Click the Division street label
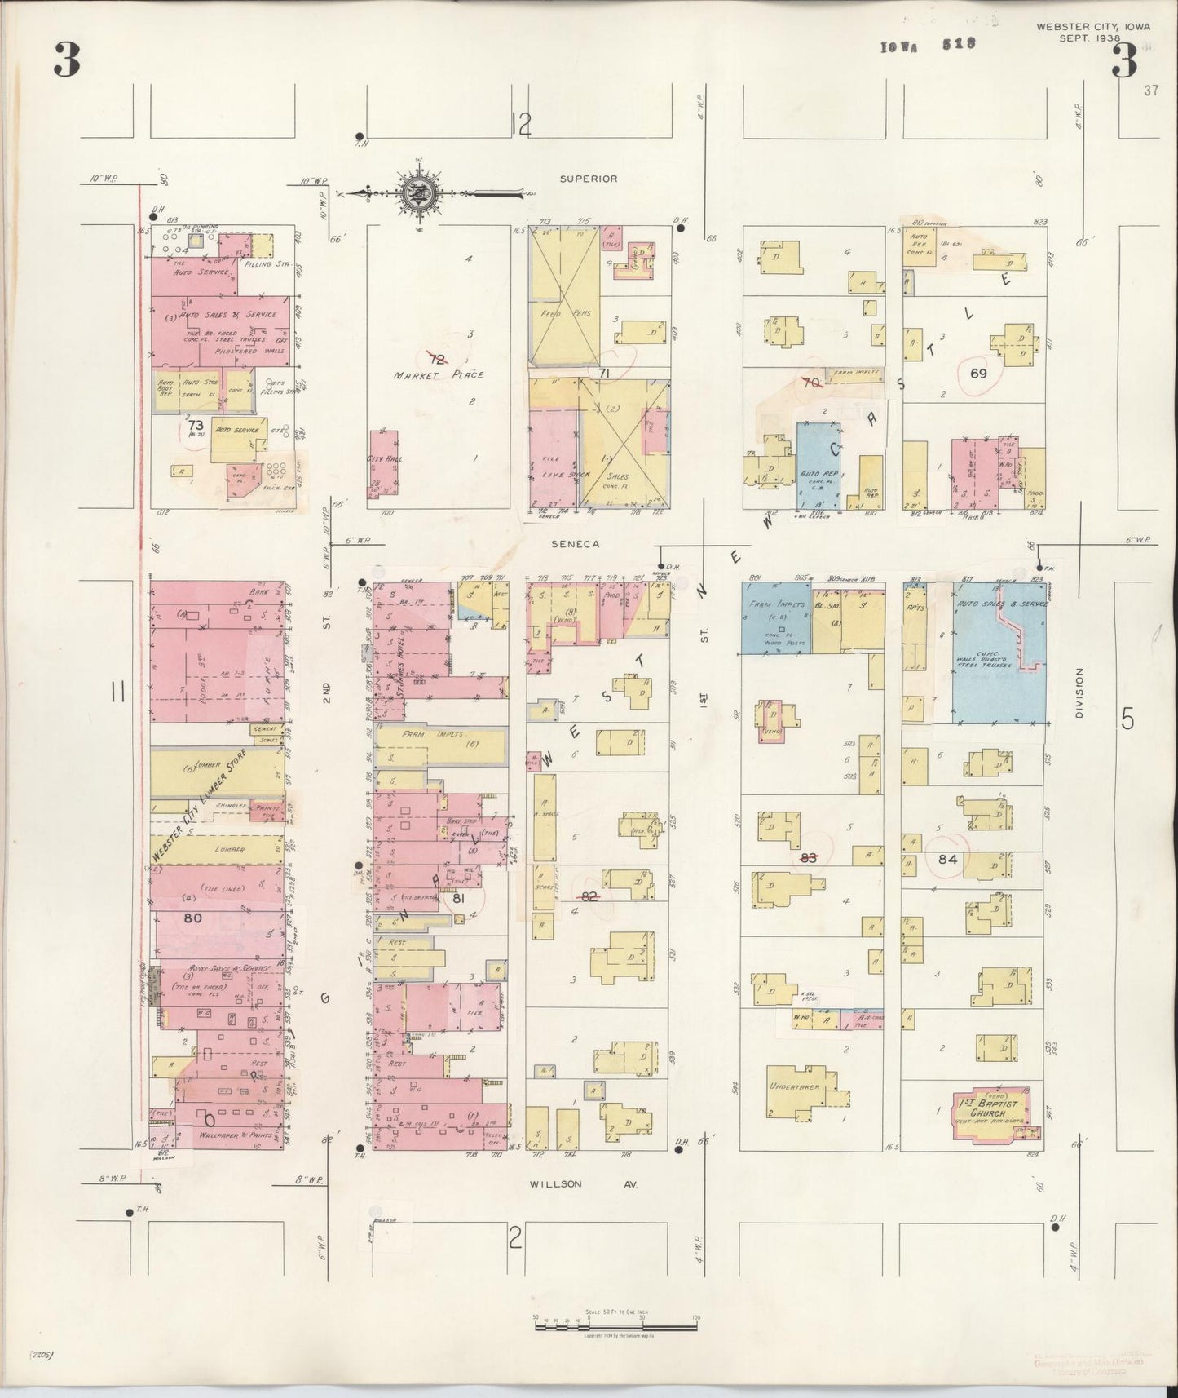[x=1079, y=693]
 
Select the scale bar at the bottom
[x=615, y=1325]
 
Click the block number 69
[x=978, y=374]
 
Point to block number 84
[x=947, y=859]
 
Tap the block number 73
[x=195, y=425]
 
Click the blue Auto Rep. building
[x=818, y=467]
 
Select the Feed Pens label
[x=562, y=313]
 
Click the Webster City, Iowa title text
[x=1092, y=32]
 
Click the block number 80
[x=192, y=918]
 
